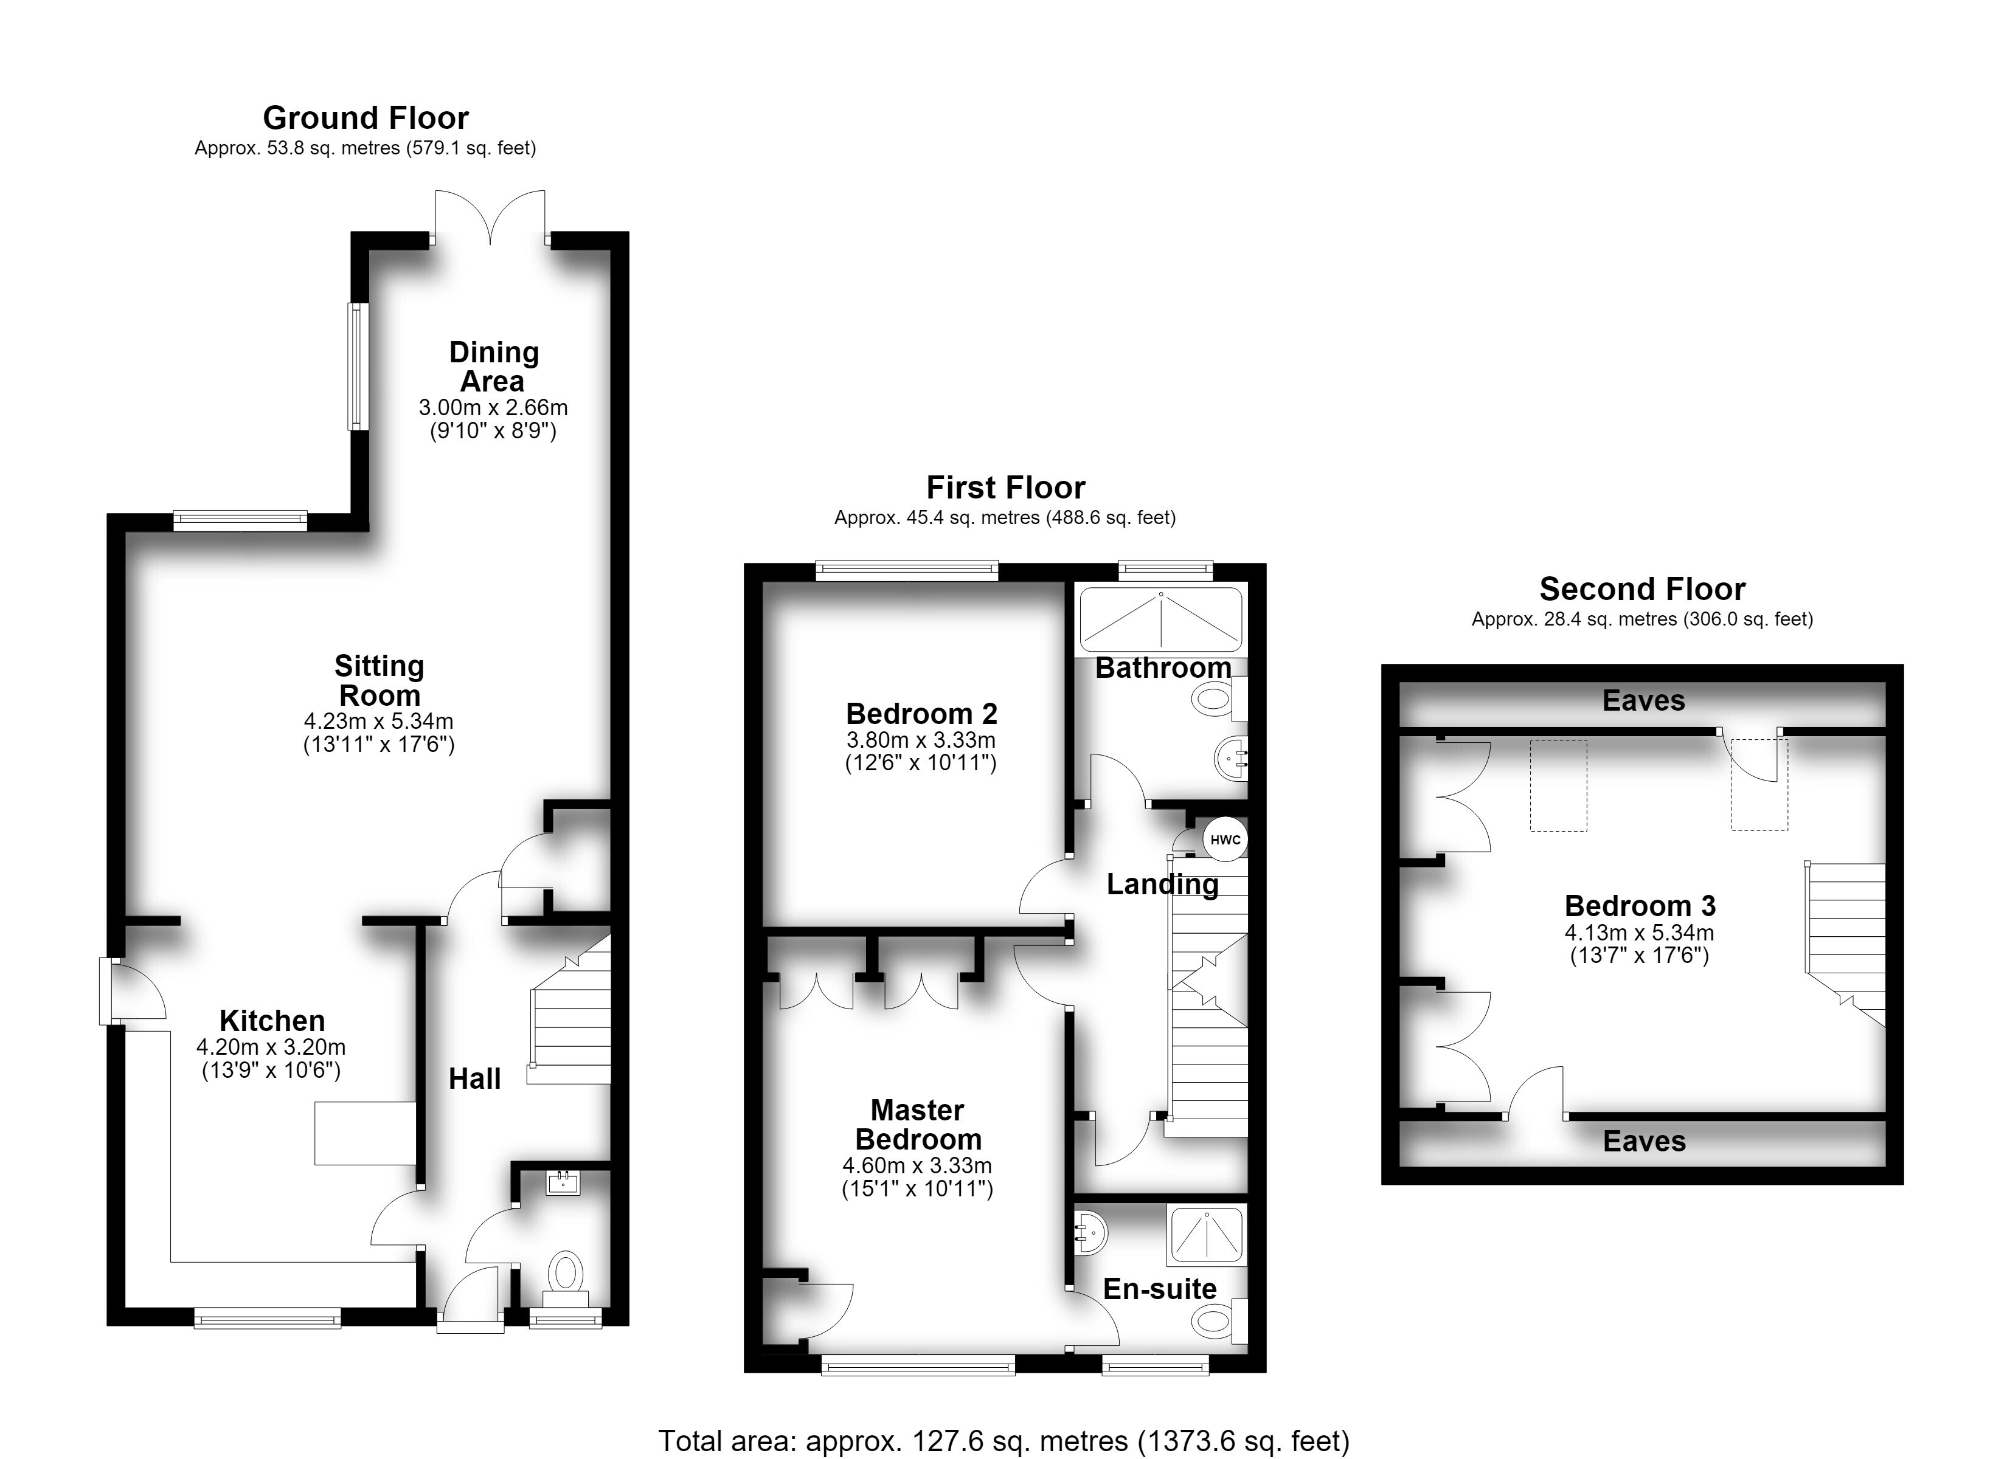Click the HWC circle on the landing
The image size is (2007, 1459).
(1225, 840)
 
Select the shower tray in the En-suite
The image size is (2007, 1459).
(1207, 1233)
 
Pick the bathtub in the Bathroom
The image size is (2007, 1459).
(1162, 619)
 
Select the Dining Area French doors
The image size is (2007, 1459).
(490, 217)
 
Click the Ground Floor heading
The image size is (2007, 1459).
(366, 118)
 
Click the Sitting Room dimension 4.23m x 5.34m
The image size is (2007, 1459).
(379, 721)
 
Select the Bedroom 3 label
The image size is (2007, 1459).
(1640, 905)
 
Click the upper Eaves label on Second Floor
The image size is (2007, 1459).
(1643, 701)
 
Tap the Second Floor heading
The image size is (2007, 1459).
(1643, 588)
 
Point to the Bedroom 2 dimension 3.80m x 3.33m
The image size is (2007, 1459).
(920, 740)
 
